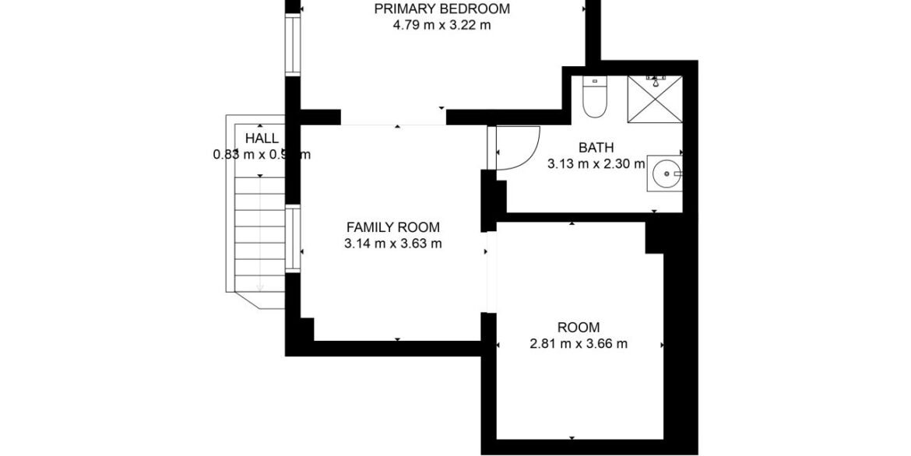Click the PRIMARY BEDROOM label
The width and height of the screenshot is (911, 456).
click(441, 9)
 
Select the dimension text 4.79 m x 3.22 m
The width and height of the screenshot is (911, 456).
click(441, 25)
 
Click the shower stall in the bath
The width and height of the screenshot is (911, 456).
click(655, 99)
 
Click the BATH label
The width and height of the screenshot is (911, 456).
click(596, 148)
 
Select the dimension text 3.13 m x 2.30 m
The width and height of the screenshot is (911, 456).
click(596, 163)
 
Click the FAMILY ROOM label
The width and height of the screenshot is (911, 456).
click(392, 228)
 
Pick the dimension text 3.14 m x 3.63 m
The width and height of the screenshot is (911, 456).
click(392, 244)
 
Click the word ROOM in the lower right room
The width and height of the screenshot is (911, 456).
click(579, 328)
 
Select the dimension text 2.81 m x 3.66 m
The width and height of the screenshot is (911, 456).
click(579, 343)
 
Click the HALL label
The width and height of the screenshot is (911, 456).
click(262, 139)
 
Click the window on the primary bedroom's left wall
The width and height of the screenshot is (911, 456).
click(292, 45)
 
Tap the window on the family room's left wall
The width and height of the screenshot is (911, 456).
click(292, 237)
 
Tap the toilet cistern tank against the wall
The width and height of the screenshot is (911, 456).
click(594, 80)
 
